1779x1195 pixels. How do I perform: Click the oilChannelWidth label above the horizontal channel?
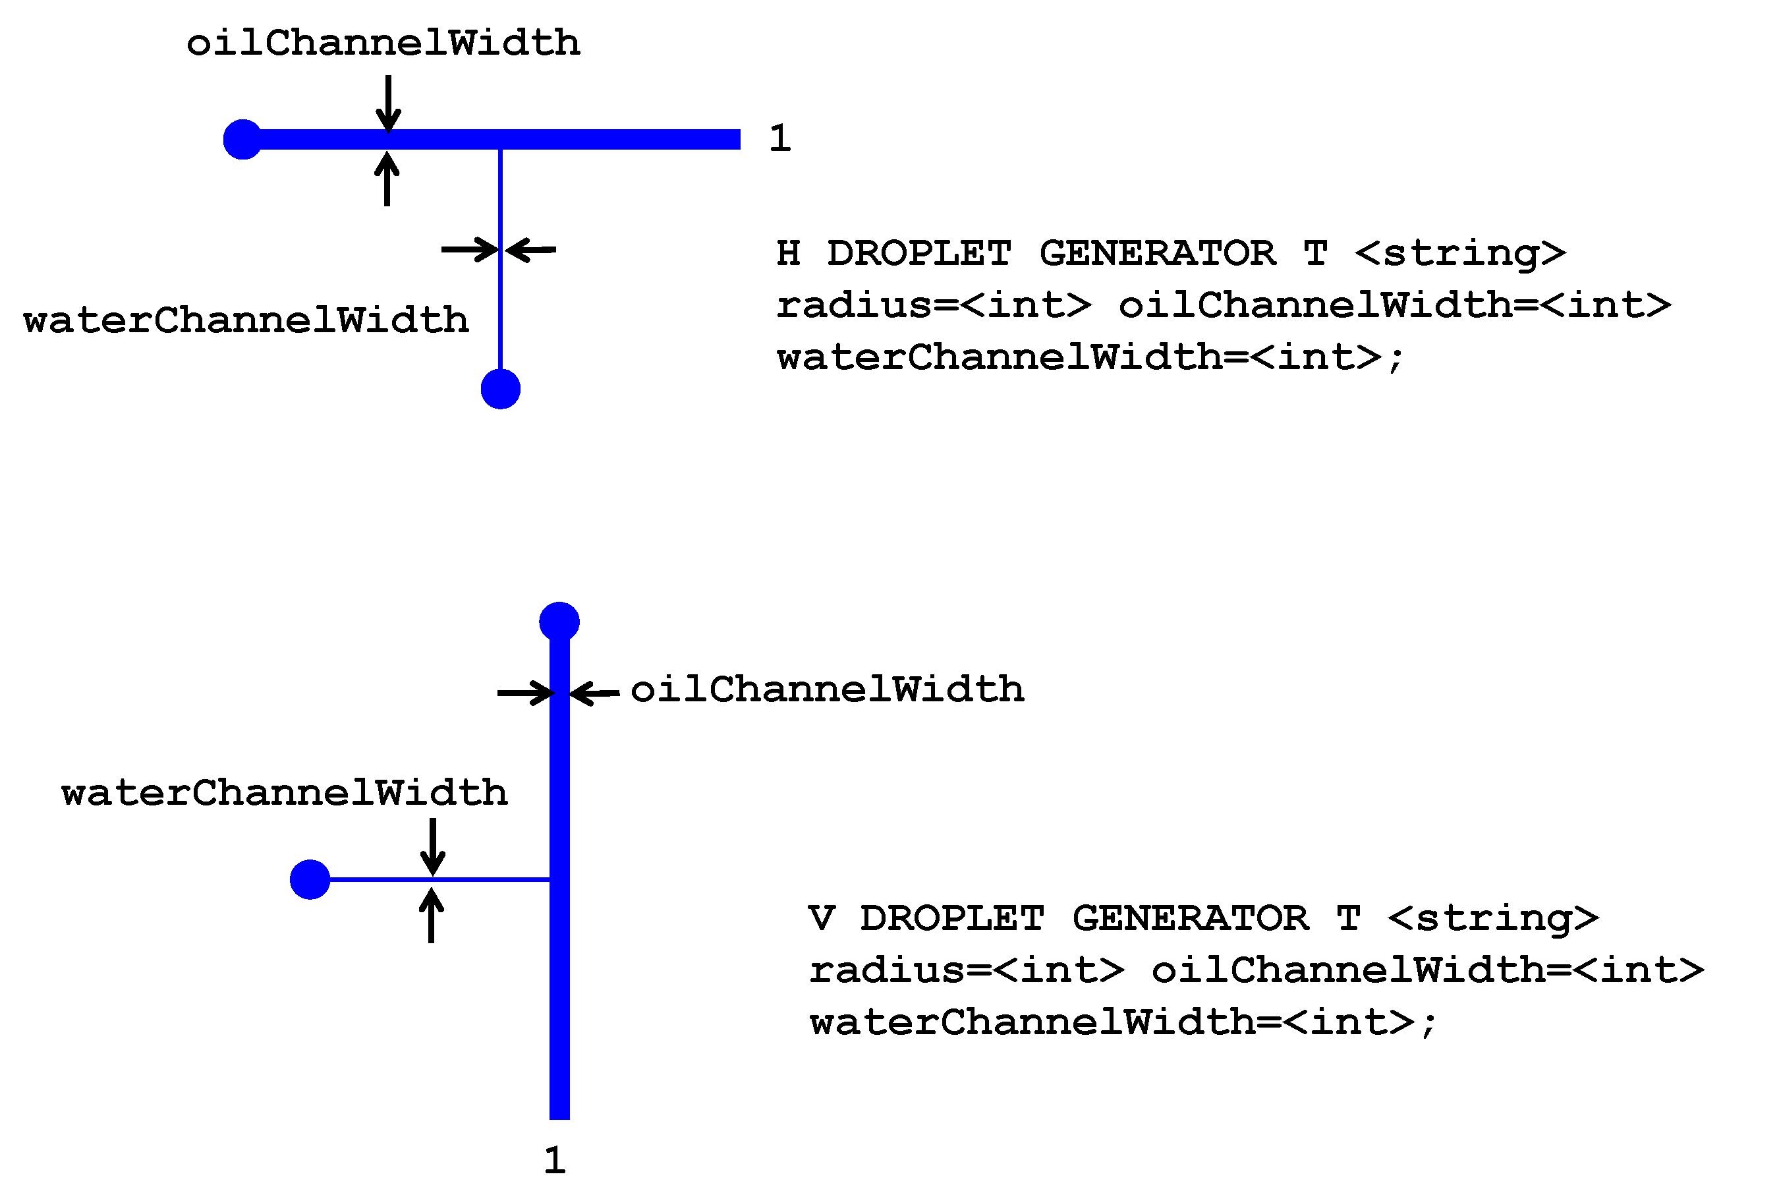(383, 43)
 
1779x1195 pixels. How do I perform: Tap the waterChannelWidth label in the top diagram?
(246, 320)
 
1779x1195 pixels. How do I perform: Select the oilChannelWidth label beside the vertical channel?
(828, 689)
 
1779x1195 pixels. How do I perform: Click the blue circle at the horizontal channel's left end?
(242, 140)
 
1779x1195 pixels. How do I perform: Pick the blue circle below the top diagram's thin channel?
(501, 390)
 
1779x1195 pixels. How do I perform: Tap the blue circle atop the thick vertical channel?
(559, 622)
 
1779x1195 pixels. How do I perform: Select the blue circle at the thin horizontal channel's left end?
(310, 879)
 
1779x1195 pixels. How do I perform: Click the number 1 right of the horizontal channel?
(779, 138)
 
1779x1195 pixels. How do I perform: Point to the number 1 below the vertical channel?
(555, 1161)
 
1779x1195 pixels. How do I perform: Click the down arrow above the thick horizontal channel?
(389, 103)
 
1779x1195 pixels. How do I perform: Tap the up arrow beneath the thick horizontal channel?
(387, 179)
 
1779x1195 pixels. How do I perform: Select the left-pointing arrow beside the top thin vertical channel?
(531, 249)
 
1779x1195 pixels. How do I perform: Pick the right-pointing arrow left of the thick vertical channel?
(526, 693)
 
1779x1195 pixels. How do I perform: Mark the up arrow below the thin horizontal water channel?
(431, 916)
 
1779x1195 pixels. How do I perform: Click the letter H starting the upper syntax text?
(789, 253)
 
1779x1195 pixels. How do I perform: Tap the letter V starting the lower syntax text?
(822, 918)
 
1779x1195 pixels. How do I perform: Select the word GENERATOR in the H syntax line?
(1157, 253)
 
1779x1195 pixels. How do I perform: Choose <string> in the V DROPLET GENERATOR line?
(1493, 918)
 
